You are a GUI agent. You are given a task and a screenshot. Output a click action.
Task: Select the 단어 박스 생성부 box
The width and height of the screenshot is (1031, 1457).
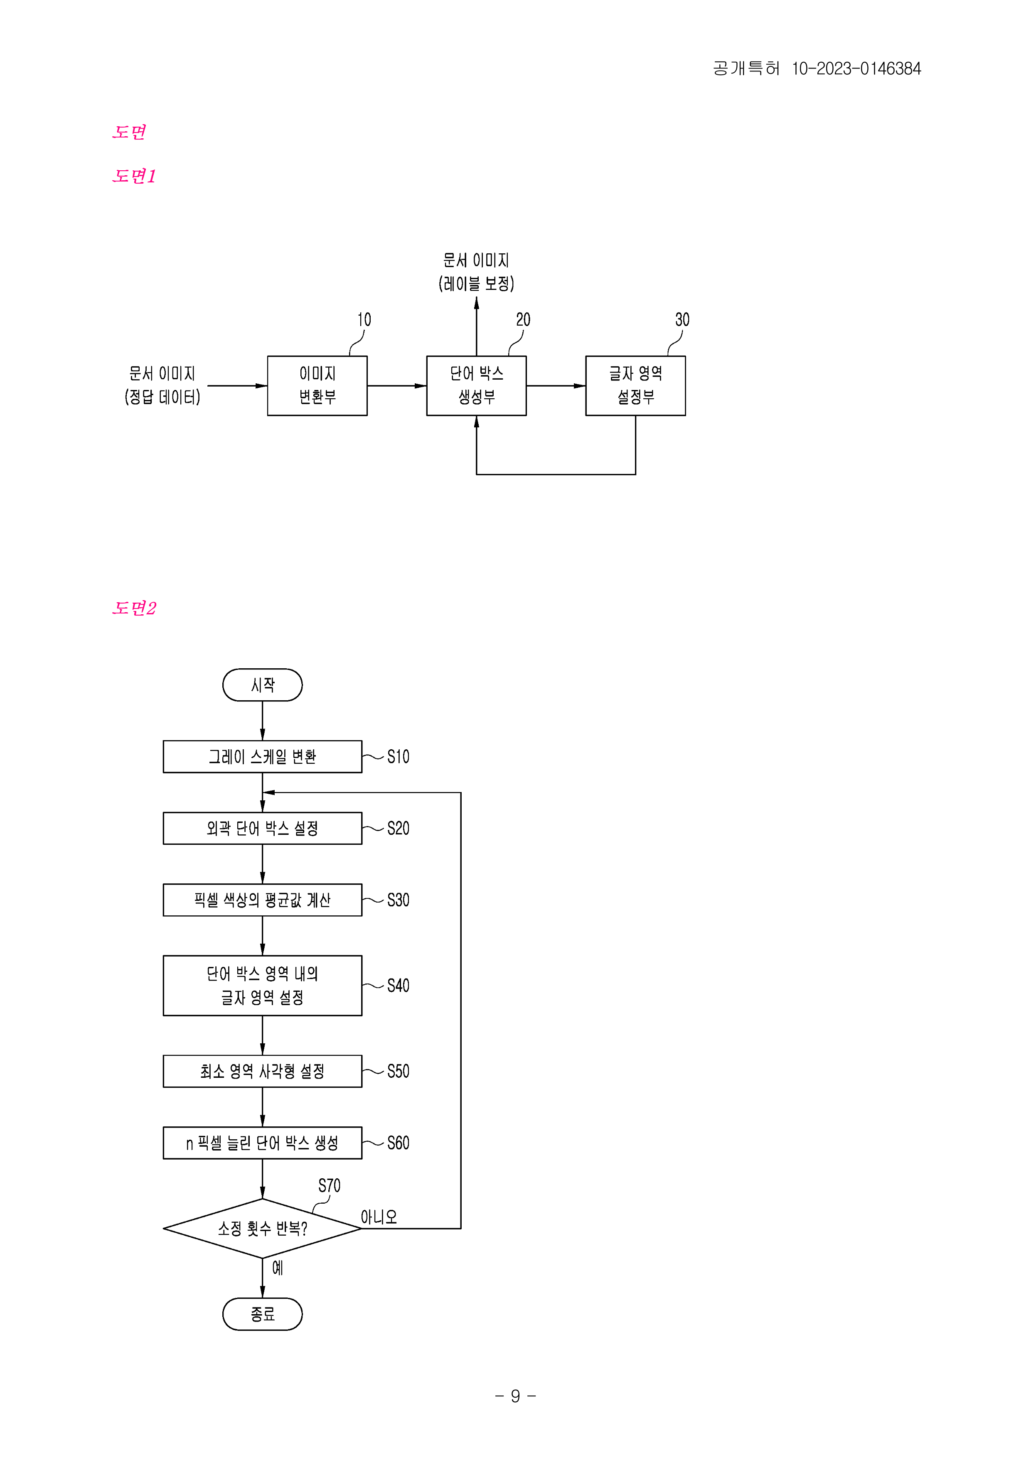(476, 386)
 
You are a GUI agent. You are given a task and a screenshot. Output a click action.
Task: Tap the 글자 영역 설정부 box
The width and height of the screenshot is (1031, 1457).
(635, 386)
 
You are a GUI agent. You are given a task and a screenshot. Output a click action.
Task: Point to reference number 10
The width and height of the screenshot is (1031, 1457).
(364, 320)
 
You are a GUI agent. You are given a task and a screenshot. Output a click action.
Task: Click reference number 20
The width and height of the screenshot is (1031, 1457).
(523, 320)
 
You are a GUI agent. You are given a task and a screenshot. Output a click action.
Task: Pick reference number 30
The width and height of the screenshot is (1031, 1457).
(682, 320)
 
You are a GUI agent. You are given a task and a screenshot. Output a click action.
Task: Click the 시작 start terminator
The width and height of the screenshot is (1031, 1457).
(262, 685)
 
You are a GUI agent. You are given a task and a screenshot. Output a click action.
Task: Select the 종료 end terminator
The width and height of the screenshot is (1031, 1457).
(262, 1314)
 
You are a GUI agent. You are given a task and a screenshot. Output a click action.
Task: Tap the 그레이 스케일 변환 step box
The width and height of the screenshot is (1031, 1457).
(262, 756)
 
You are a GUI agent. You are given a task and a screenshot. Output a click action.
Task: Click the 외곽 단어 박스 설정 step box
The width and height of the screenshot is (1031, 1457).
(262, 828)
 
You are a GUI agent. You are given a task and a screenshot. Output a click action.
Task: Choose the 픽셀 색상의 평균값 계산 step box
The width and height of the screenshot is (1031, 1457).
(262, 900)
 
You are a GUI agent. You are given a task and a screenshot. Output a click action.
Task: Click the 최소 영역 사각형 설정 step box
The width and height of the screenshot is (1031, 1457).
(262, 1071)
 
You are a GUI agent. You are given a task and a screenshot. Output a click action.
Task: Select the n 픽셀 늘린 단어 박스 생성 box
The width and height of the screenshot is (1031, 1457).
(262, 1143)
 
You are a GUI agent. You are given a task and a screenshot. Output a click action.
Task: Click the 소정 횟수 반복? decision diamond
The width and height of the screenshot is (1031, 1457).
(262, 1229)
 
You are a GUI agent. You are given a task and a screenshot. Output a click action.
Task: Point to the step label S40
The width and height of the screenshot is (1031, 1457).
(398, 986)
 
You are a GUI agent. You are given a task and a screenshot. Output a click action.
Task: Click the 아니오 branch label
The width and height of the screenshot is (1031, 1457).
(379, 1217)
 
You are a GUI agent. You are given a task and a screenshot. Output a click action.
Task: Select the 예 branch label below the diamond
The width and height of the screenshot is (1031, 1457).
(278, 1268)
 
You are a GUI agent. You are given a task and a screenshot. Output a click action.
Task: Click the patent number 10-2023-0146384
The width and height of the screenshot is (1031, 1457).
(856, 69)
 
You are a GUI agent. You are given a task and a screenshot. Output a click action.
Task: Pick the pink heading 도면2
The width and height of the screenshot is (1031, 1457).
(134, 608)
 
